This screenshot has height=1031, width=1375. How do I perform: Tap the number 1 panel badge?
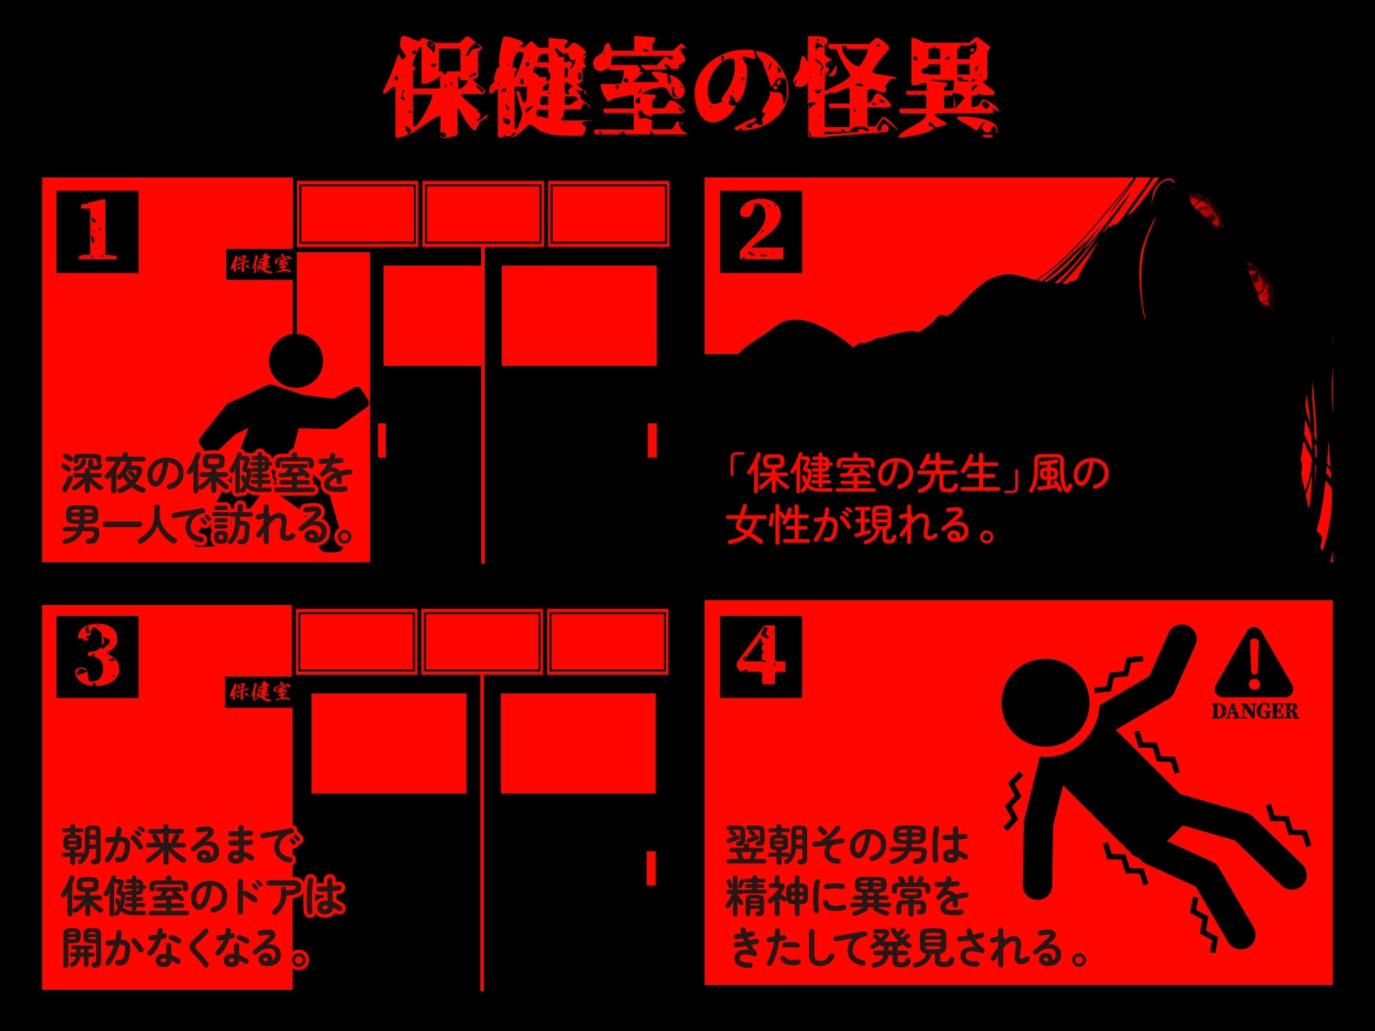click(x=97, y=232)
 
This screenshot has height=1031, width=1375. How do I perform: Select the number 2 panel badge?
click(x=760, y=232)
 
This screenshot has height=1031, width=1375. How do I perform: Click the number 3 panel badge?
click(x=97, y=656)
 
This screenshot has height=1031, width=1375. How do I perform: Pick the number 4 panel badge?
click(x=760, y=656)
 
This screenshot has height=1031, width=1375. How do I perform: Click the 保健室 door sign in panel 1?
click(x=261, y=264)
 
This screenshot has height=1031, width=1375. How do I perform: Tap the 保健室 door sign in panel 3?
click(x=261, y=691)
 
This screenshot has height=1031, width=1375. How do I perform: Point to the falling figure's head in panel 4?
click(x=1046, y=703)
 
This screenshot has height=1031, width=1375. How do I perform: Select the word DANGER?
click(x=1255, y=711)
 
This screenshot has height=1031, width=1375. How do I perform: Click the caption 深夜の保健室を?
click(x=207, y=474)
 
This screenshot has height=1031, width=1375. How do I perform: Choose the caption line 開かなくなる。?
click(x=186, y=948)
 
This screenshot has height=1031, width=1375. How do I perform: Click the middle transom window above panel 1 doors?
click(x=483, y=213)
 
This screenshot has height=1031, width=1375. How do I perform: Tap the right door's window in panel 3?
click(x=578, y=744)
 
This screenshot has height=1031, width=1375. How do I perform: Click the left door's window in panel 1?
click(x=432, y=315)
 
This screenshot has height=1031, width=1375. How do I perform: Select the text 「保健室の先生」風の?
click(x=918, y=474)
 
